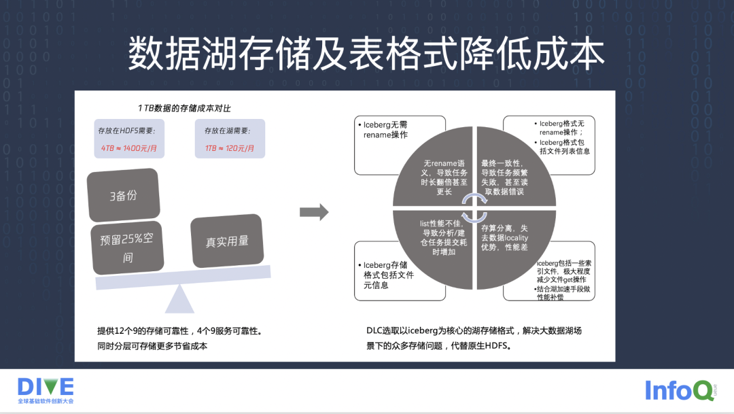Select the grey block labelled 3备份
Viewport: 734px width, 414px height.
tap(123, 195)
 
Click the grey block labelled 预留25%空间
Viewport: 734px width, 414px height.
tap(127, 248)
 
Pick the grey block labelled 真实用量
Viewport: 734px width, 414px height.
tap(227, 241)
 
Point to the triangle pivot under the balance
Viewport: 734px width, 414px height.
tap(179, 299)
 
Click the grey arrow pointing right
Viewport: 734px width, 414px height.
tap(314, 213)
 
